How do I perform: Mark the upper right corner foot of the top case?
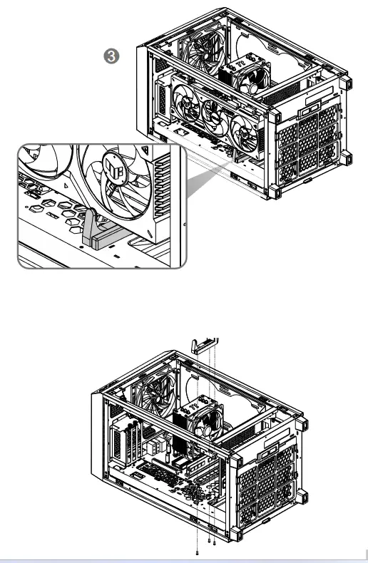(347, 83)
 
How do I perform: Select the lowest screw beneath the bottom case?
(196, 552)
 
